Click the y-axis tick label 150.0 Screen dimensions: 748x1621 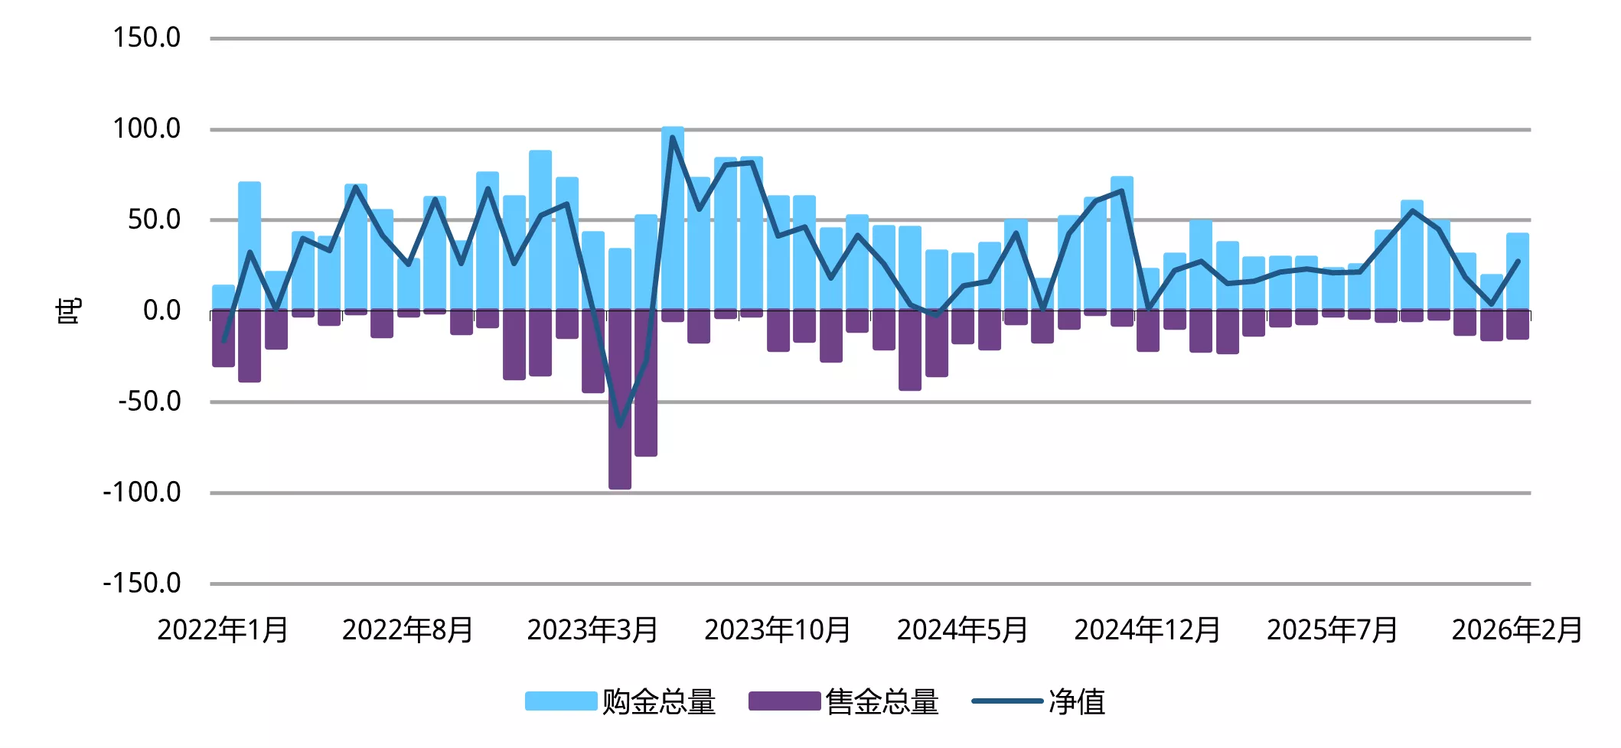click(146, 37)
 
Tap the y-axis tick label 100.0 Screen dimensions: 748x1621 click(146, 128)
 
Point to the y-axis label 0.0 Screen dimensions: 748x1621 click(161, 311)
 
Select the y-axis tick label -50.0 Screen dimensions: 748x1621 click(149, 401)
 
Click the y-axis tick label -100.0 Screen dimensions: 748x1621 click(142, 492)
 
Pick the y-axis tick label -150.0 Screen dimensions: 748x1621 click(142, 583)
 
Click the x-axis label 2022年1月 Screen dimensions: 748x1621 click(223, 630)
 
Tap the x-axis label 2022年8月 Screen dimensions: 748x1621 click(408, 630)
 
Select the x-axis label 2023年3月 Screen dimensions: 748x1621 click(592, 630)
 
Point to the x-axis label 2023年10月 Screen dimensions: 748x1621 click(778, 630)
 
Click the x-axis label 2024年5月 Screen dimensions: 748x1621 click(963, 630)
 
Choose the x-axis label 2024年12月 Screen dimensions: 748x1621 click(1148, 630)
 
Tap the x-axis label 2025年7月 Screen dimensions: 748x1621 click(1332, 630)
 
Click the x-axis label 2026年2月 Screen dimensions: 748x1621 click(1518, 630)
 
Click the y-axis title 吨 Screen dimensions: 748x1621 click(69, 311)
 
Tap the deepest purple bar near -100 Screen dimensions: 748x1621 click(620, 444)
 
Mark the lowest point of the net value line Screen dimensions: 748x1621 click(620, 425)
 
